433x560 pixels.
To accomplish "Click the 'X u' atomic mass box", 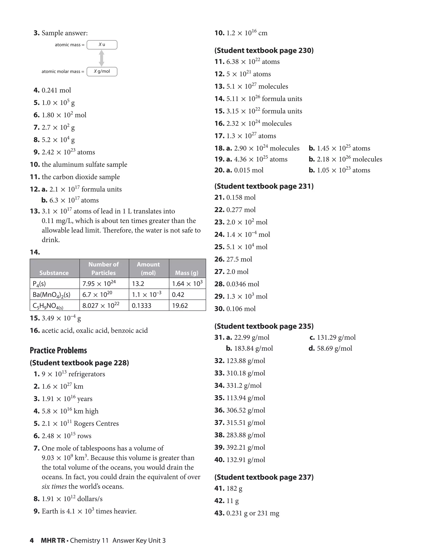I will (102, 45).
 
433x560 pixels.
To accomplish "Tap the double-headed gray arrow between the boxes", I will (101, 58).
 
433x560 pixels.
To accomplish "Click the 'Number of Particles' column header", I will (104, 268).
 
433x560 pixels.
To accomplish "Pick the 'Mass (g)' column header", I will (187, 273).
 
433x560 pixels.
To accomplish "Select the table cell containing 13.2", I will (149, 284).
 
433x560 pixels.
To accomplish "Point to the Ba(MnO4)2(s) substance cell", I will (54, 295).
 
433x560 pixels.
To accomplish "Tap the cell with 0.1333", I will (149, 305).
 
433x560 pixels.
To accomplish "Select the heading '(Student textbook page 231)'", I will (264, 186).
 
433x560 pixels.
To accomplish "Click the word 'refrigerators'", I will (87, 374).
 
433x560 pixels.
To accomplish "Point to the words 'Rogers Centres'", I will (96, 423).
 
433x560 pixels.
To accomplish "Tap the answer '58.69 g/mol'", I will (334, 348).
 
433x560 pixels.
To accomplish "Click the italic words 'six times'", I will (54, 486).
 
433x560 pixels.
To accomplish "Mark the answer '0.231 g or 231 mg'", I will (253, 513).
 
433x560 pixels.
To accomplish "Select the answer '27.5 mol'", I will (239, 259).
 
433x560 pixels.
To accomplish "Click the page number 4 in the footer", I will (32, 540).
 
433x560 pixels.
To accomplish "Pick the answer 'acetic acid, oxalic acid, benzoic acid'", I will (95, 330).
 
